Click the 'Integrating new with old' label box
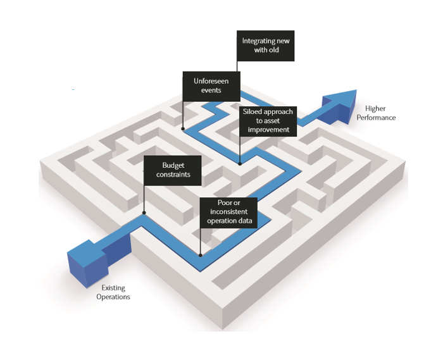266,46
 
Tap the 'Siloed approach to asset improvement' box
268,120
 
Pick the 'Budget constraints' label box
172,170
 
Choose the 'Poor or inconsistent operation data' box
229,212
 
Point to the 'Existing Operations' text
113,292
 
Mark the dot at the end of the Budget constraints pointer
145,214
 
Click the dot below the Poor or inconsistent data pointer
201,256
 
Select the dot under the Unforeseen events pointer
184,129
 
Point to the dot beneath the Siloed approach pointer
240,163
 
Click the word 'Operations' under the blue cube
113,297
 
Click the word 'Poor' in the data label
216,203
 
